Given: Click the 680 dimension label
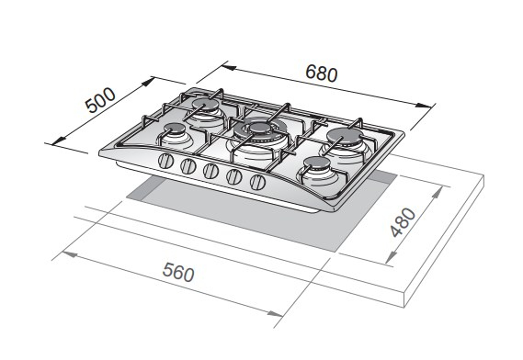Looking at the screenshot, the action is coord(321,73).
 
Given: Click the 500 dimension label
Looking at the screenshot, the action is coord(100,100).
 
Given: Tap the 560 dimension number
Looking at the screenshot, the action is coord(178,272).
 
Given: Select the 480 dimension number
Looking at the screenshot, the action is coord(404,222).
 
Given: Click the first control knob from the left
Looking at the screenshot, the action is coord(165,162).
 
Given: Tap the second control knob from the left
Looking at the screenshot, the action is coord(188,166).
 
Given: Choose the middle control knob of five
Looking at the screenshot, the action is coord(210,171).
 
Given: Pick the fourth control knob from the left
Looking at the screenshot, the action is coord(233,176).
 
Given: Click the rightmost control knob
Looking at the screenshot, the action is coord(257,182).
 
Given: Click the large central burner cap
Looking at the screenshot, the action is coord(260,128).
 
